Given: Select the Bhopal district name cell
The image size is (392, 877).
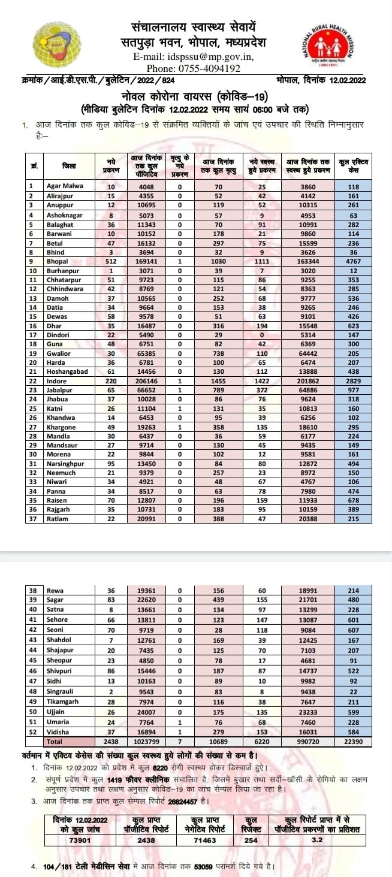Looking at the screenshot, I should [56, 261].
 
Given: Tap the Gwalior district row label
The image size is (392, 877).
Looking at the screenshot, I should [59, 353].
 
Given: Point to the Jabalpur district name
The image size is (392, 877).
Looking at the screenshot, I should [60, 390].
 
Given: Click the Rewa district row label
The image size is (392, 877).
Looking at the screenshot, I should [55, 591].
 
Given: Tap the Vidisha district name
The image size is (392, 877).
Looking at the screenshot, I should [58, 732].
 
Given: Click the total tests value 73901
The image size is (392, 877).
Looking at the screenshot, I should [75, 841].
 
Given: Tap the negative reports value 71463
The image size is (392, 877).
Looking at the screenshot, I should [204, 841].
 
